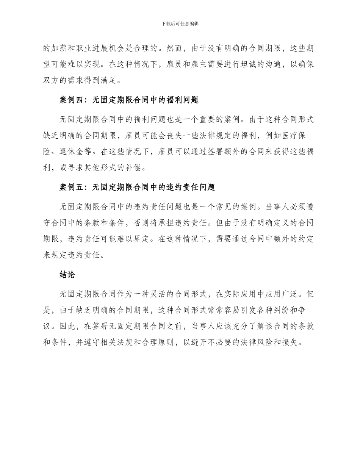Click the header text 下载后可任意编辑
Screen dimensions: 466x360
(180, 23)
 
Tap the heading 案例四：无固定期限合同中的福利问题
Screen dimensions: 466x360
(129, 100)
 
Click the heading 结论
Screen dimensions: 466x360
(67, 275)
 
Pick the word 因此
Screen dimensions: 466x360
(67, 326)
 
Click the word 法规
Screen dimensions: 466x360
(139, 342)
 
